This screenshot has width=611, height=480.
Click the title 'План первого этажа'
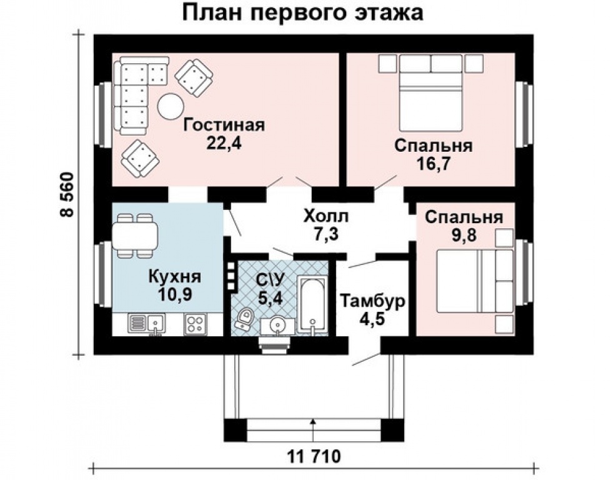302,12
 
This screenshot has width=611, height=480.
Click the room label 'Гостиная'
224,124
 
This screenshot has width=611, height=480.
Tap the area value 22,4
224,143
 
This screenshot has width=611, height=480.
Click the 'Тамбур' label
373,301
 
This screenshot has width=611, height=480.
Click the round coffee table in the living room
169,106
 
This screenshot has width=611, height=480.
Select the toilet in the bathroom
244,319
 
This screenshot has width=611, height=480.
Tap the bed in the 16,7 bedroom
430,94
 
